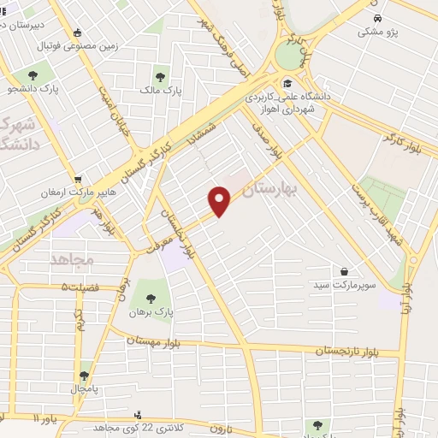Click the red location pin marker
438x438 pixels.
[220, 201]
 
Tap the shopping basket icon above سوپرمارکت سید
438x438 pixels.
[344, 270]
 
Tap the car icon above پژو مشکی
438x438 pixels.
[376, 15]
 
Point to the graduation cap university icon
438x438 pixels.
[288, 84]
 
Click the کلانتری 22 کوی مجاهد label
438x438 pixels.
[139, 428]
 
